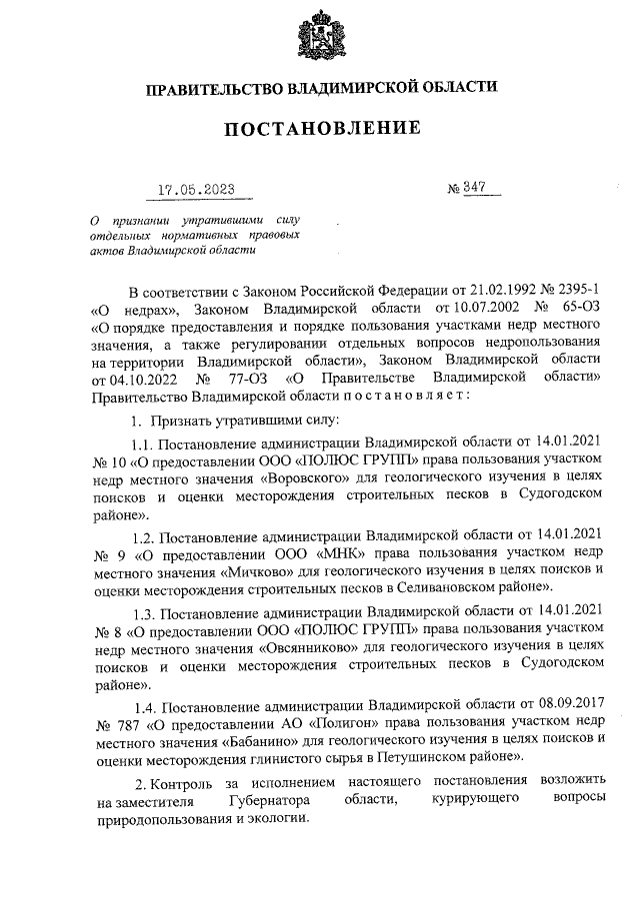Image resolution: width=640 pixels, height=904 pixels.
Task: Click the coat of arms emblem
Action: [x=321, y=39]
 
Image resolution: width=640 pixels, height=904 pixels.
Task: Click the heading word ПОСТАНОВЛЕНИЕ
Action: [x=320, y=129]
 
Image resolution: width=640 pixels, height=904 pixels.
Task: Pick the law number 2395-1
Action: [x=580, y=291]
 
